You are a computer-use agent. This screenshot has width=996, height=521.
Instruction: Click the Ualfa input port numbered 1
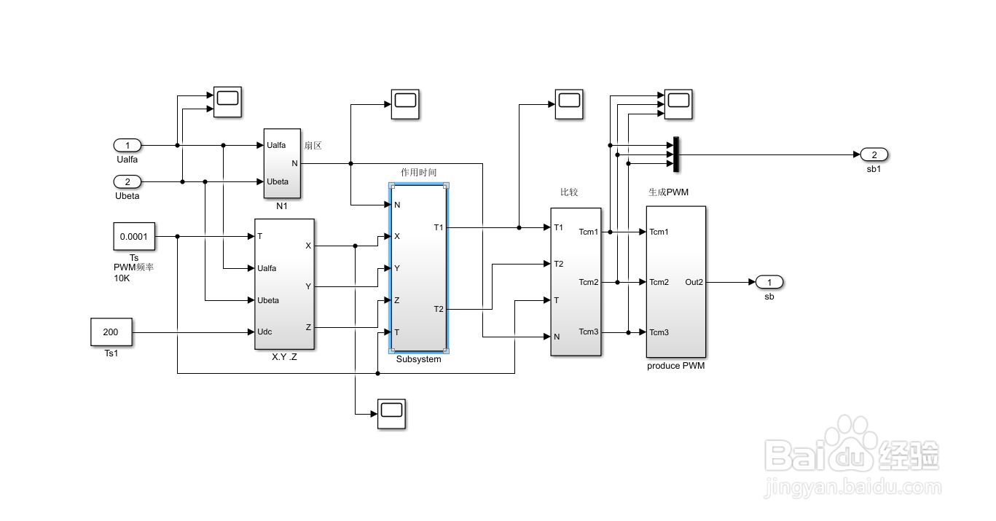click(128, 145)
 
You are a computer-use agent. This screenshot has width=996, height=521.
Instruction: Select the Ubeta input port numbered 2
click(128, 182)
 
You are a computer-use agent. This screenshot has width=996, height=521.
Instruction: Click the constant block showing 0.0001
click(134, 237)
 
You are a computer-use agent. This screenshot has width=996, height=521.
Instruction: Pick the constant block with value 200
click(111, 332)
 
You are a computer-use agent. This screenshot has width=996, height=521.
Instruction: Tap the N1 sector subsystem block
click(283, 164)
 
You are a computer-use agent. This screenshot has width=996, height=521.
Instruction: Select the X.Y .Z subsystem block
click(285, 284)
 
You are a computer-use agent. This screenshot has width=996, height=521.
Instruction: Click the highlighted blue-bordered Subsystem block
click(419, 268)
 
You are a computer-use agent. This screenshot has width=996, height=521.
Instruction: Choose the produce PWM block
click(676, 282)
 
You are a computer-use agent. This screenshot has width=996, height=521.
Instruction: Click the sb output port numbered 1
click(769, 282)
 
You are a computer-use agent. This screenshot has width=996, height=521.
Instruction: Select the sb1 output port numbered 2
click(874, 154)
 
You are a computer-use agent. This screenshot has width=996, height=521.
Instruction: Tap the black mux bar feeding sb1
click(676, 154)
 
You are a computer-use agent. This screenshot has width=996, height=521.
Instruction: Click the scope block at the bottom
click(392, 414)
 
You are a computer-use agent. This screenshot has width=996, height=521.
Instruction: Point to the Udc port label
click(264, 332)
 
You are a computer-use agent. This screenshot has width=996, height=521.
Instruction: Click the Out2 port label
click(694, 282)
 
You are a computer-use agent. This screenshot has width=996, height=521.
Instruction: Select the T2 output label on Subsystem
click(439, 309)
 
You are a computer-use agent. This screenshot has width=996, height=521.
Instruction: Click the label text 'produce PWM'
click(676, 366)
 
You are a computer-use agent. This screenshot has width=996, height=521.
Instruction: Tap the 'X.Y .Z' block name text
click(285, 357)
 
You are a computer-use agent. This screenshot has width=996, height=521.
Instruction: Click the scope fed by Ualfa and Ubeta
click(227, 102)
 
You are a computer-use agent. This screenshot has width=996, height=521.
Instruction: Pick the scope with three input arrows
click(678, 104)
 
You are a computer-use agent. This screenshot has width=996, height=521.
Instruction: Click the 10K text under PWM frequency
click(122, 278)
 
